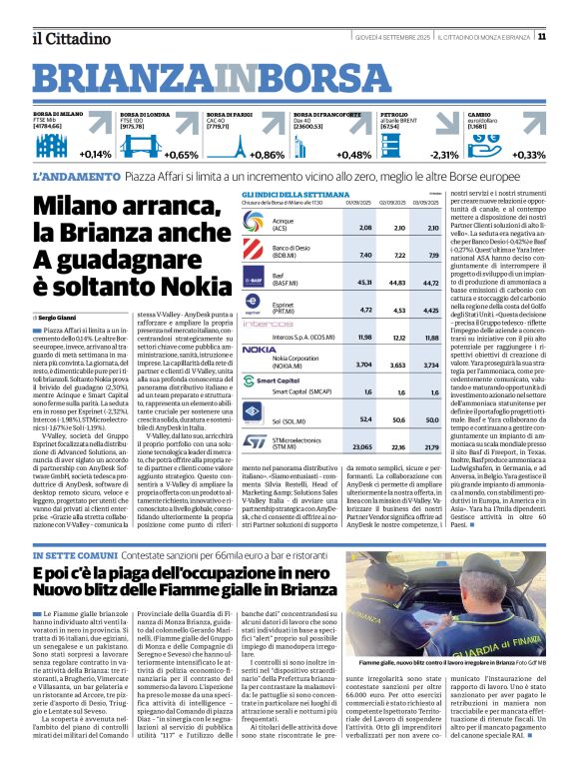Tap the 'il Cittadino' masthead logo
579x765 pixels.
pyautogui.click(x=67, y=38)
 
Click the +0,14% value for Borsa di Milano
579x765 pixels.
pyautogui.click(x=95, y=155)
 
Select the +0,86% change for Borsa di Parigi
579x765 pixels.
pyautogui.click(x=268, y=155)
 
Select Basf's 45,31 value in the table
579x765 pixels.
pyautogui.click(x=359, y=282)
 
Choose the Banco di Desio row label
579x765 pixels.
pyautogui.click(x=290, y=250)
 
